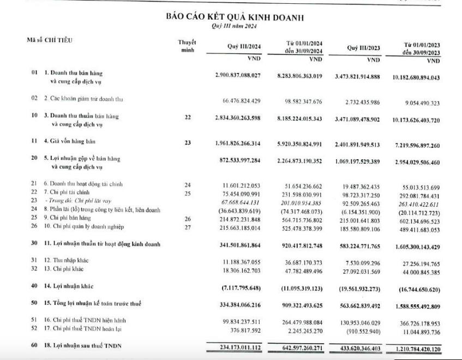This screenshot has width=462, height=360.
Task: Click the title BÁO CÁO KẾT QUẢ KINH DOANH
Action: [x=235, y=17]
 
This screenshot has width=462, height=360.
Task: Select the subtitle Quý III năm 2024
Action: [x=234, y=26]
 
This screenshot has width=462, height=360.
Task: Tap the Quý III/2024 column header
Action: [x=244, y=47]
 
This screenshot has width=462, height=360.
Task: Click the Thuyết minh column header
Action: [x=187, y=46]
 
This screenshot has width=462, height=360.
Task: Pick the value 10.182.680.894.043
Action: [x=416, y=78]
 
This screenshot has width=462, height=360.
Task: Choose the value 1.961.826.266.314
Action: [x=238, y=144]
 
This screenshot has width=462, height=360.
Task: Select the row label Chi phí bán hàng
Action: [x=67, y=218]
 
